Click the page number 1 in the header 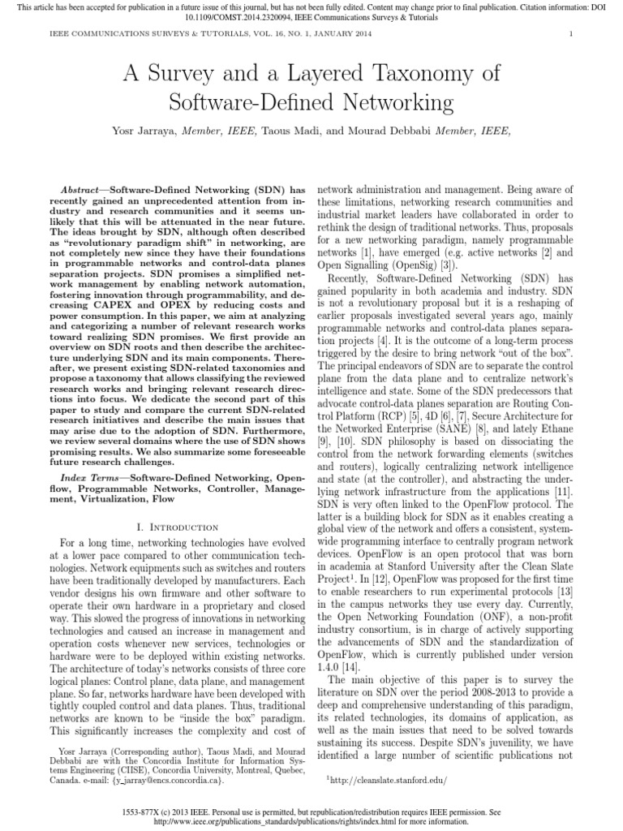pyautogui.click(x=571, y=33)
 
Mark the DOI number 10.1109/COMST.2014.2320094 pyautogui.click(x=312, y=16)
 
